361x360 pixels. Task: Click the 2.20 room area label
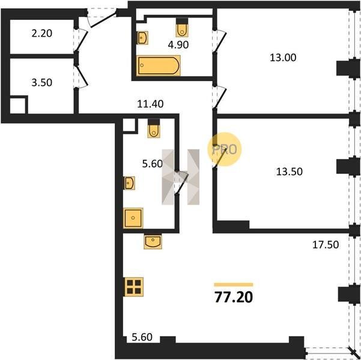[42, 34]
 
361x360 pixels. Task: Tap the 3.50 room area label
[42, 83]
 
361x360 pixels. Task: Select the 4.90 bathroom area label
[178, 45]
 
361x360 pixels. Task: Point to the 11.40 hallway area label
[150, 104]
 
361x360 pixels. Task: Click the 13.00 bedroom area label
[283, 58]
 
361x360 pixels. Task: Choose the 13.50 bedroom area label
[290, 172]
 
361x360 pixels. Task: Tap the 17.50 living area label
[326, 245]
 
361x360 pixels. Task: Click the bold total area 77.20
[234, 297]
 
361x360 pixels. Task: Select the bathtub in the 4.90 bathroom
[159, 65]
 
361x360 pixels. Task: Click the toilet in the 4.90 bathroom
[182, 28]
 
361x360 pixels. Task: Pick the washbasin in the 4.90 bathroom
[142, 38]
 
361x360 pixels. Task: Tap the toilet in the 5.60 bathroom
[154, 128]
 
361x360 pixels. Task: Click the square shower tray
[133, 218]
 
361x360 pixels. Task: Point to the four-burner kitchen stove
[134, 287]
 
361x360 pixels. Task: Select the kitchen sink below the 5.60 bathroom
[153, 241]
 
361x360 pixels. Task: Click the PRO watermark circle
[225, 149]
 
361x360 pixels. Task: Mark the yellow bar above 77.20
[234, 284]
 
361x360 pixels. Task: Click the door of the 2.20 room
[82, 40]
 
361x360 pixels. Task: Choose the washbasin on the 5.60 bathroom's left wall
[129, 183]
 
